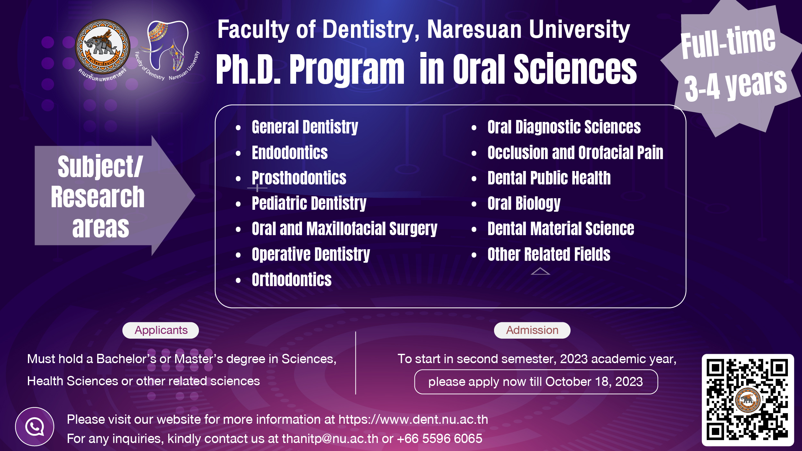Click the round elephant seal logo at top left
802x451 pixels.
[x=103, y=47]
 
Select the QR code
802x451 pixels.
[x=748, y=400]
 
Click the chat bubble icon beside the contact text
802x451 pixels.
[x=35, y=427]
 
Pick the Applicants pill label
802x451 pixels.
[x=161, y=330]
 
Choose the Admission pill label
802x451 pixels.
[x=532, y=330]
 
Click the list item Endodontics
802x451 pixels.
[x=290, y=153]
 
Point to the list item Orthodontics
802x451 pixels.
[x=292, y=280]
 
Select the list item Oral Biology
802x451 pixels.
[x=524, y=204]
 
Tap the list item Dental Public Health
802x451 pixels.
[x=549, y=178]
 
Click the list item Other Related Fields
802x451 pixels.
[x=549, y=254]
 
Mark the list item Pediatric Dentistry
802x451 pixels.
[x=309, y=204]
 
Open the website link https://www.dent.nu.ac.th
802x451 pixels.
[x=413, y=420]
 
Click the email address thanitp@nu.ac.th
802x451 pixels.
[x=330, y=439]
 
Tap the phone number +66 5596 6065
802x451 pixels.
[x=439, y=438]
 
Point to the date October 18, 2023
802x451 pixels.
[x=594, y=382]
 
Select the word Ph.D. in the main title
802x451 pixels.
[x=249, y=69]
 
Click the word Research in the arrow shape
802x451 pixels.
[x=98, y=197]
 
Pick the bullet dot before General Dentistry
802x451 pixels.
[x=238, y=128]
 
